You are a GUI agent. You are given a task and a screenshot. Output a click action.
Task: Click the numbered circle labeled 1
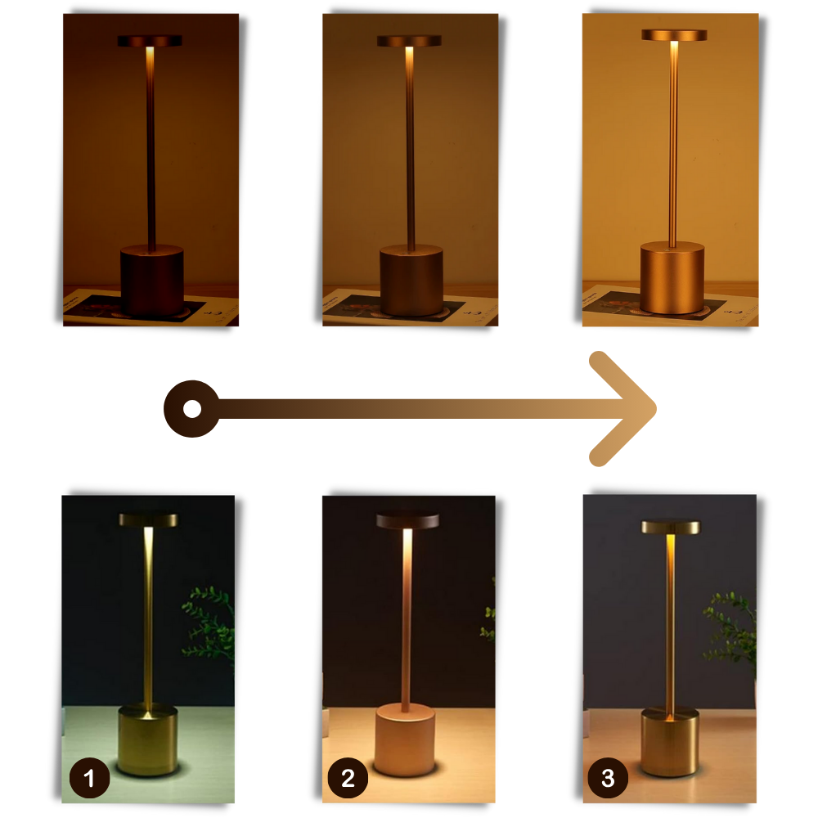pyautogui.click(x=89, y=778)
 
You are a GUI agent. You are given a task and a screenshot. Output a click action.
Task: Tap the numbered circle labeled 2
pyautogui.click(x=348, y=778)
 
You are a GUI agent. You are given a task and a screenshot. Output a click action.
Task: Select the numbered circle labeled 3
pyautogui.click(x=607, y=778)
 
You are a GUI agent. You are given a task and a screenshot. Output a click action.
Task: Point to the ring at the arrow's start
pyautogui.click(x=191, y=408)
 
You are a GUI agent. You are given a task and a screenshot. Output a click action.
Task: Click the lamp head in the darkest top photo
pyautogui.click(x=150, y=40)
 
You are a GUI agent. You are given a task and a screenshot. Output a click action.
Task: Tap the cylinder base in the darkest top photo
pyautogui.click(x=151, y=280)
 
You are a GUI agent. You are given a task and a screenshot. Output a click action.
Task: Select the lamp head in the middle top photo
pyautogui.click(x=409, y=40)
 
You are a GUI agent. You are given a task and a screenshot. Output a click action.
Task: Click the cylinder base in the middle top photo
pyautogui.click(x=411, y=282)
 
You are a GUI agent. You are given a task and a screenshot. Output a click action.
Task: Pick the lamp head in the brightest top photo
pyautogui.click(x=673, y=35)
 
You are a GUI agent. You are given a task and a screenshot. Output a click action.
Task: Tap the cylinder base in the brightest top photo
pyautogui.click(x=672, y=277)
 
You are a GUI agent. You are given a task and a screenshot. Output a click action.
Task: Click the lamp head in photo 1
pyautogui.click(x=148, y=519)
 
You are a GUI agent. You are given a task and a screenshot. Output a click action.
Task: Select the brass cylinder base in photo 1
pyautogui.click(x=148, y=740)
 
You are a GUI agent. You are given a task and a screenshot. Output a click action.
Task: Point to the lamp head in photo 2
pyautogui.click(x=407, y=521)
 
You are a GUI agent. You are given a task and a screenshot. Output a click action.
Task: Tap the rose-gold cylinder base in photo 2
pyautogui.click(x=405, y=740)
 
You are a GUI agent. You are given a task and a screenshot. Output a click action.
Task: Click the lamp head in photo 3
pyautogui.click(x=670, y=527)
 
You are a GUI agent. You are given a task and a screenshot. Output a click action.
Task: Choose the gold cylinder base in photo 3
pyautogui.click(x=670, y=742)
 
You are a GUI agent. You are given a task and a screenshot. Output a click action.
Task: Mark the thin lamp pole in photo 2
pyautogui.click(x=407, y=622)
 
